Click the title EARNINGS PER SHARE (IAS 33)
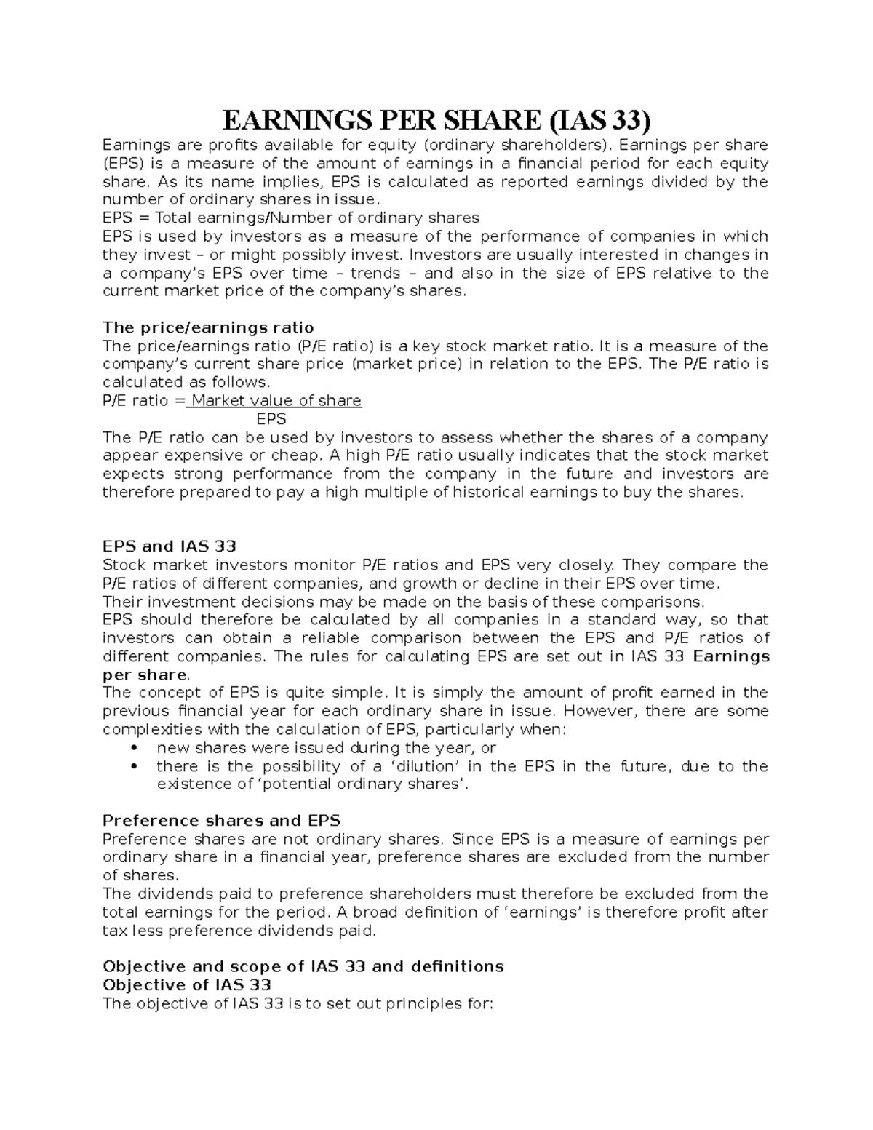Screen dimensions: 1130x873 [x=436, y=119]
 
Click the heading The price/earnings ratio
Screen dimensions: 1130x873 [x=208, y=327]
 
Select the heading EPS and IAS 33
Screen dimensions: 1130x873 [x=170, y=546]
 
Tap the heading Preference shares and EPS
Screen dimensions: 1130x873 [x=221, y=821]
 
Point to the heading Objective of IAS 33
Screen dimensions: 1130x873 [x=187, y=985]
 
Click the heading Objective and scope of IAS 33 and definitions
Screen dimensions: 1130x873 [x=303, y=967]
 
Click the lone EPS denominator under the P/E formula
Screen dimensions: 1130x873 [x=272, y=419]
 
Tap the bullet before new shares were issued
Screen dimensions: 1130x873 [x=132, y=748]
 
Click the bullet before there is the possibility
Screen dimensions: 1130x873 [x=132, y=766]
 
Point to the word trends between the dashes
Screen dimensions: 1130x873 [x=375, y=274]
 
